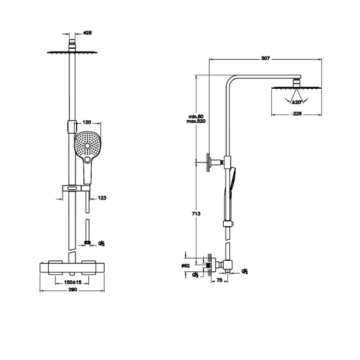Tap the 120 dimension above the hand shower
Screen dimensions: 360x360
pyautogui.click(x=86, y=122)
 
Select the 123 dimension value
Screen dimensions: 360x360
pyautogui.click(x=102, y=198)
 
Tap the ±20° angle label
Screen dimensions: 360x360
pyautogui.click(x=296, y=102)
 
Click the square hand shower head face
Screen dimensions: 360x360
pyautogui.click(x=86, y=144)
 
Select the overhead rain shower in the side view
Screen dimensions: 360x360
pyautogui.click(x=296, y=87)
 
